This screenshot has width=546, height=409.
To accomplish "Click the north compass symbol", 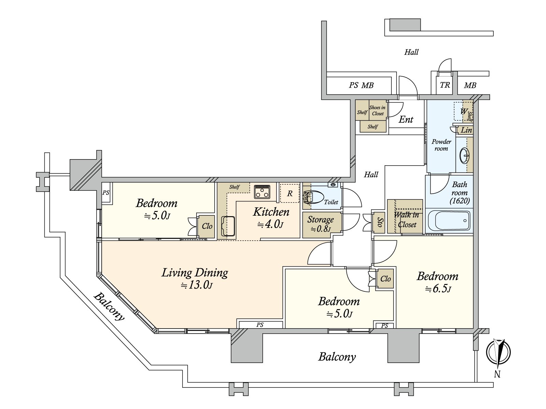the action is (498, 352).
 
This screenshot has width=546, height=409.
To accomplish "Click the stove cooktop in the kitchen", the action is (262, 192).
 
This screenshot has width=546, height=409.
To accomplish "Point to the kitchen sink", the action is (228, 226).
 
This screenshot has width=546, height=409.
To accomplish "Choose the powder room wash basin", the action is (464, 156).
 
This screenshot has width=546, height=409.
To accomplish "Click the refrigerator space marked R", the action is (289, 193).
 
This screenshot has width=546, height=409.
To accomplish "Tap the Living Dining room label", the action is (195, 273).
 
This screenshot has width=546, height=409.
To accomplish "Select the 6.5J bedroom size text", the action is (438, 289).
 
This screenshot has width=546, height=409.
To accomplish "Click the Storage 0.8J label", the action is (320, 224).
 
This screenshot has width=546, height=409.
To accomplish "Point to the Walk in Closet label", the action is (406, 219).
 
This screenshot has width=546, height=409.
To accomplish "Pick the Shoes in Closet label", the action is (377, 110).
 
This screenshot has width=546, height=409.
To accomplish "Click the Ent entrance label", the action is (406, 120).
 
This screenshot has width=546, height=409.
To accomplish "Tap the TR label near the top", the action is (445, 85).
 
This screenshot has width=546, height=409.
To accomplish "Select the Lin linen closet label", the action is (466, 130).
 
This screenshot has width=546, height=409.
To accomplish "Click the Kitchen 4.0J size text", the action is (271, 225).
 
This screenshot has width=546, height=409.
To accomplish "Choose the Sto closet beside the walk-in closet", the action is (379, 222).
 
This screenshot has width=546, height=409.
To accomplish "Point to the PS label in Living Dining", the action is (260, 325).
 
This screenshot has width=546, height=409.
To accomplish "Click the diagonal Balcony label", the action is (109, 306).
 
